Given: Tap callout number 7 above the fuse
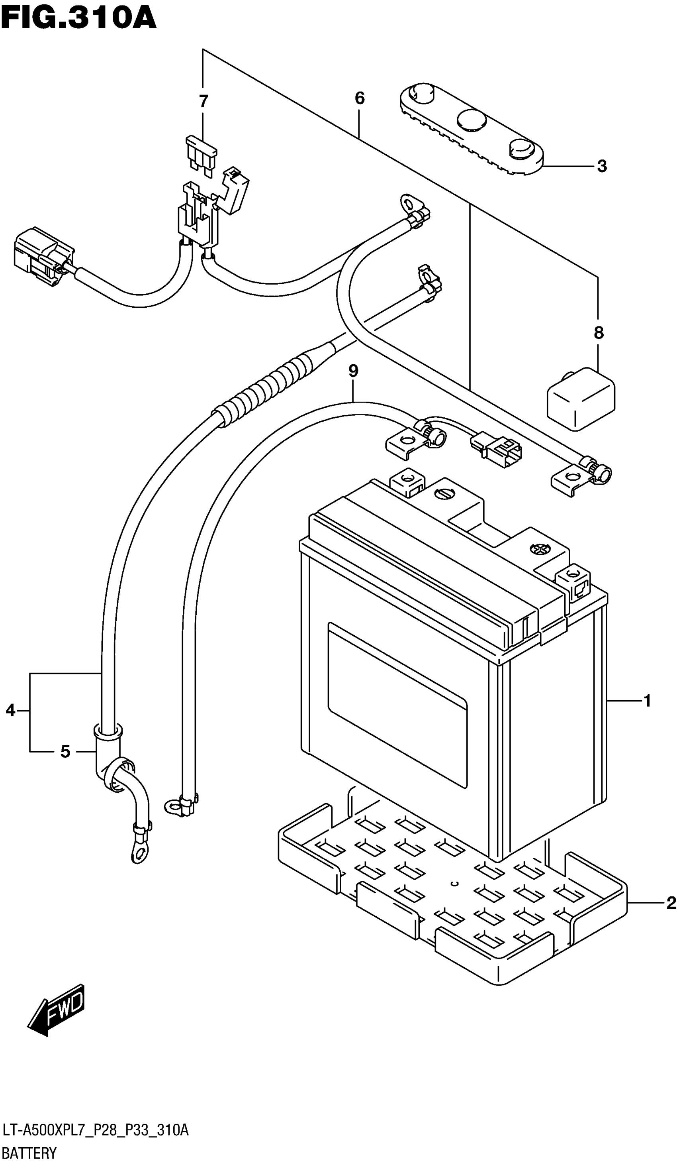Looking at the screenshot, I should point(203,101).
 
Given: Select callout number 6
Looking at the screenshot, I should point(360,98).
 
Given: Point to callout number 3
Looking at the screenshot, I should point(602,166).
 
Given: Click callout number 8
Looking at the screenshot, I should point(598,332).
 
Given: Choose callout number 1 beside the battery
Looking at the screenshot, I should point(647,701).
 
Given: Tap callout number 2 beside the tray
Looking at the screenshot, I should point(671,903).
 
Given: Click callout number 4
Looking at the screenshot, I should point(11,710).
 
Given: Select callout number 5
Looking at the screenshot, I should point(65,751).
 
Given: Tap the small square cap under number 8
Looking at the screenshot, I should point(581,398).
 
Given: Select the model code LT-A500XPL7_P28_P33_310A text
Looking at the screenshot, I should point(95,1130).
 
